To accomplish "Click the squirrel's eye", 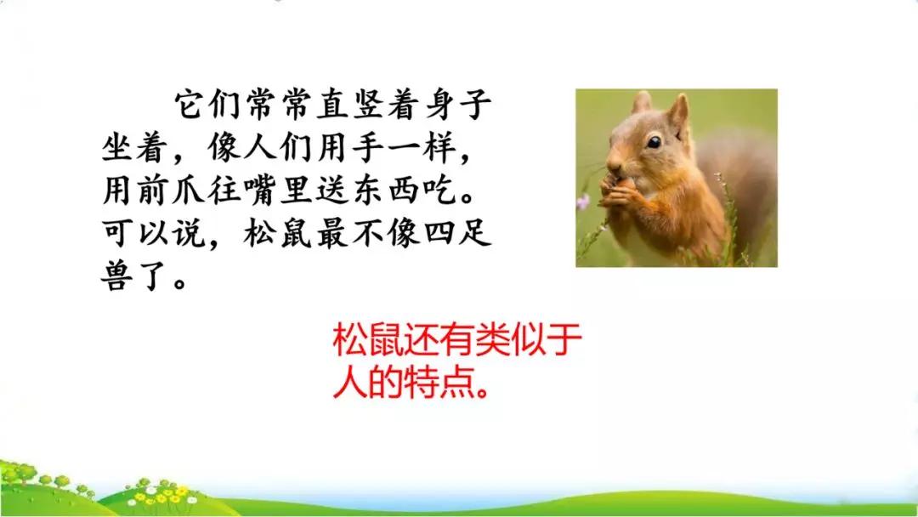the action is (654, 142).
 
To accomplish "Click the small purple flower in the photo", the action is (582, 202).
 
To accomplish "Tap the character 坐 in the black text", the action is (119, 147).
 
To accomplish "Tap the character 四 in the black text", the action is (440, 232).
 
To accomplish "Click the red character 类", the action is (492, 341).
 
